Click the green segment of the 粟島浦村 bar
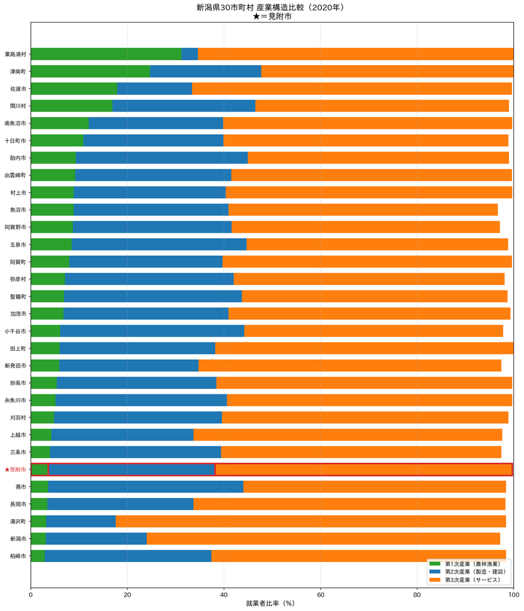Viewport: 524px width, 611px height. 106,54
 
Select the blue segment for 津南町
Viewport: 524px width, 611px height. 205,72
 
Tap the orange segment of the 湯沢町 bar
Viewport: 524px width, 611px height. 311,521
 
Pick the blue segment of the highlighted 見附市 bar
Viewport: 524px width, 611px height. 132,470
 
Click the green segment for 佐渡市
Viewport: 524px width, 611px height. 73,89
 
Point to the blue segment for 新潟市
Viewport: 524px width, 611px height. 96,539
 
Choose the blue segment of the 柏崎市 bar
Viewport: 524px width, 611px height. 128,556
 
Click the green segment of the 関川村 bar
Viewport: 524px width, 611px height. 72,106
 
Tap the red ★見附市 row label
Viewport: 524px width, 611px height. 15,470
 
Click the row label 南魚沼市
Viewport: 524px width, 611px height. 15,123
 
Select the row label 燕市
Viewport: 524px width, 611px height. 21,487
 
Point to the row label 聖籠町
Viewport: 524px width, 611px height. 18,297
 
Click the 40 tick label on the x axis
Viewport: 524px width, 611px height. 224,595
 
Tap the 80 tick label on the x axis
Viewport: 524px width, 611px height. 417,595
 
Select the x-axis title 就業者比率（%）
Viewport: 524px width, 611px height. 270,603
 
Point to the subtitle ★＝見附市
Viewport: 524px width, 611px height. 272,16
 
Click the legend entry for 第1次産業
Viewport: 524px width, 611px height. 465,564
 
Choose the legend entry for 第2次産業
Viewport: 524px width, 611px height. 467,572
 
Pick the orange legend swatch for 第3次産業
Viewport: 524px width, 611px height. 434,580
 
